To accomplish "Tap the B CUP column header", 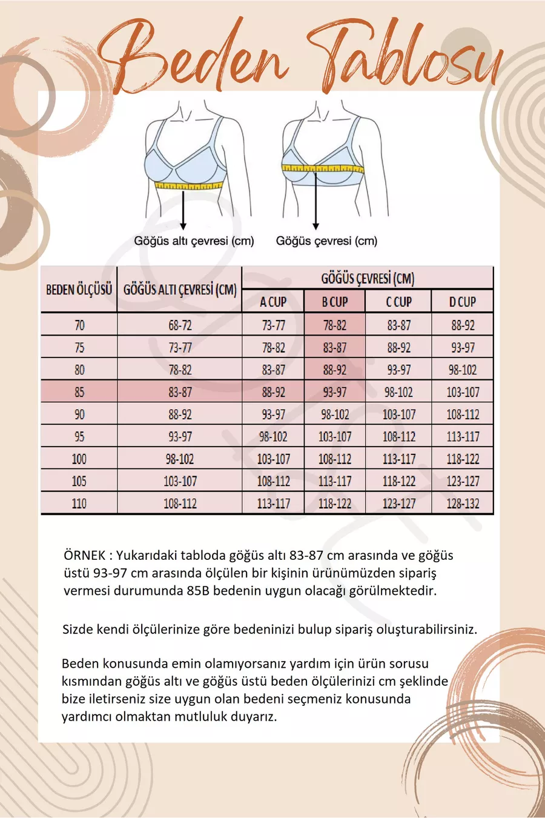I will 334,301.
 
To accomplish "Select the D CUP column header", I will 463,301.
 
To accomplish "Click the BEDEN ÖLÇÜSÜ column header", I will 79,289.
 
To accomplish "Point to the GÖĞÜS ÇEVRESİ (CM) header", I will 367,278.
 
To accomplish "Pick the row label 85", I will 79,392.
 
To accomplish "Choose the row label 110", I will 79,504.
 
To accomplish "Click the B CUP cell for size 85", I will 334,392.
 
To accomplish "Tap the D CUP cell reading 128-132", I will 463,504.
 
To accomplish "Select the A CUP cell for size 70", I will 273,325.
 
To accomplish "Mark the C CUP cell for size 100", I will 398,459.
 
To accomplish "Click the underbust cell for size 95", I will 180,436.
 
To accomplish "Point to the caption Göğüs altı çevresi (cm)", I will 194,241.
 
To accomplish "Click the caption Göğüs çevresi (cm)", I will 326,241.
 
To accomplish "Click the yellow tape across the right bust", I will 323,168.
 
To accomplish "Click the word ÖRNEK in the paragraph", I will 84,555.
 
